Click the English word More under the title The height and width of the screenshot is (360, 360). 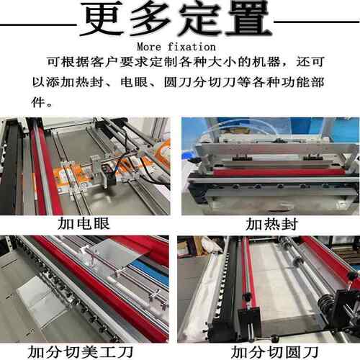pos(149,47)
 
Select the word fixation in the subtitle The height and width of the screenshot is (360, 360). pos(192,47)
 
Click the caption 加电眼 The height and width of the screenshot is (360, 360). pos(84,224)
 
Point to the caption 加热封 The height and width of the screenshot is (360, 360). pos(271,224)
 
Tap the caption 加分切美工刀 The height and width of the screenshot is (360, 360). pos(81,352)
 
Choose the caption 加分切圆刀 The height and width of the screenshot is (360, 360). pos(274,352)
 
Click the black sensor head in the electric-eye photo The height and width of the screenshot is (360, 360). pos(107,176)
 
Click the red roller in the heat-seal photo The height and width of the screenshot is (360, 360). pos(279,173)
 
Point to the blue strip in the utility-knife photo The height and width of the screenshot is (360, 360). pos(150,272)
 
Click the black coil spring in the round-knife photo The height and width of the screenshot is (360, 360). pos(325,305)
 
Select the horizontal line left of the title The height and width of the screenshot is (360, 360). pos(38,24)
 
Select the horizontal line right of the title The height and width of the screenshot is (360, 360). pos(317,22)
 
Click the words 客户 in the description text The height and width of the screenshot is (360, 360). pos(104,62)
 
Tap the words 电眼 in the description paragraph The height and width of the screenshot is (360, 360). pos(134,82)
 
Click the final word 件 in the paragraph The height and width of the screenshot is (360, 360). pos(38,102)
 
